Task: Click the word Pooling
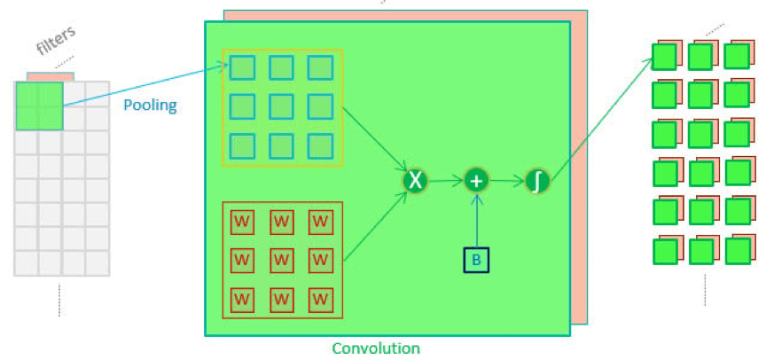150,106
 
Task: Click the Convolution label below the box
376,348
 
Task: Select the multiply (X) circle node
415,181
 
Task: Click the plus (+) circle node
477,181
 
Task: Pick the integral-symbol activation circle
537,181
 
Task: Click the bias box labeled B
476,259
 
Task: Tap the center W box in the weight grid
281,259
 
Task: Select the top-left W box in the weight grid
242,220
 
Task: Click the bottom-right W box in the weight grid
320,299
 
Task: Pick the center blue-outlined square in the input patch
281,106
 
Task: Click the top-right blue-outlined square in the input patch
320,67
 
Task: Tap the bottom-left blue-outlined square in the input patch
242,145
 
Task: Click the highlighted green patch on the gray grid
39,106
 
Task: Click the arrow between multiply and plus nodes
446,181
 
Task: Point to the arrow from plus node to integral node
507,181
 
